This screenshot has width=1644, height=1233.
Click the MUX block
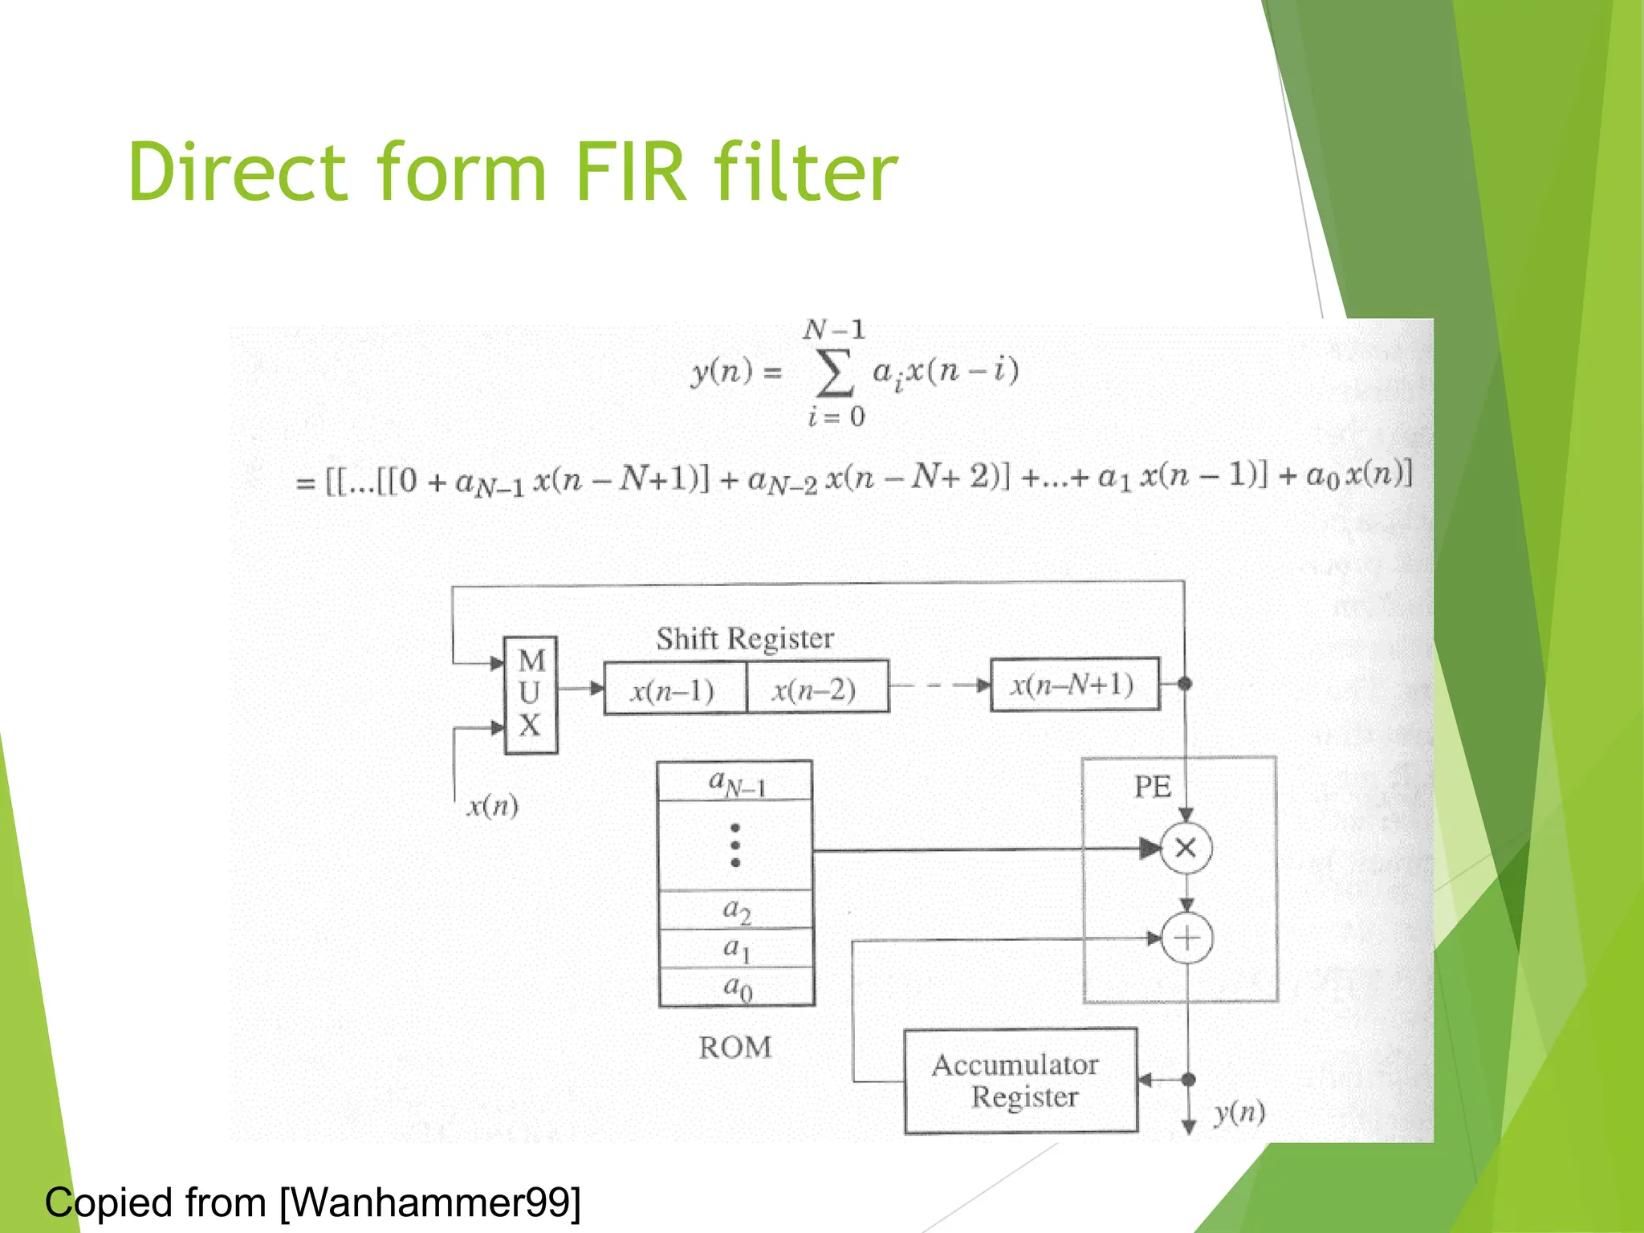pos(531,694)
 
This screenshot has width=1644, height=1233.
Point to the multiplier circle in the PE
pos(1186,848)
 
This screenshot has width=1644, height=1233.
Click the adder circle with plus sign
pos(1187,938)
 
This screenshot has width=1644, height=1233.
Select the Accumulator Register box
pos(1020,1080)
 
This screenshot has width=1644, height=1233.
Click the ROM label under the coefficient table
pos(735,1048)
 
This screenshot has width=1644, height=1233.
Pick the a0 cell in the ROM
pos(737,987)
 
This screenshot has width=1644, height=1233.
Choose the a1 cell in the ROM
pos(736,949)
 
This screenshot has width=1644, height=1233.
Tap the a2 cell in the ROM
pos(736,910)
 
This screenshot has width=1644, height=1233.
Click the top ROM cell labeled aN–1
pos(735,782)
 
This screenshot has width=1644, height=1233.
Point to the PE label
pos(1152,787)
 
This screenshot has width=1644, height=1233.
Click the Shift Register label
pos(745,639)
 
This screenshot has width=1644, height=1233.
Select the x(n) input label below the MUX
pos(492,806)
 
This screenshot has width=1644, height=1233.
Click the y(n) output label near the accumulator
pos(1239,1112)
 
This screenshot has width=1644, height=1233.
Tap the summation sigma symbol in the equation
pos(834,373)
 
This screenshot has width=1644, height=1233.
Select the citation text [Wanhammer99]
pos(430,1202)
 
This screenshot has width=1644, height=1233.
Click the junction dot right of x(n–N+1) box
pos(1185,684)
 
